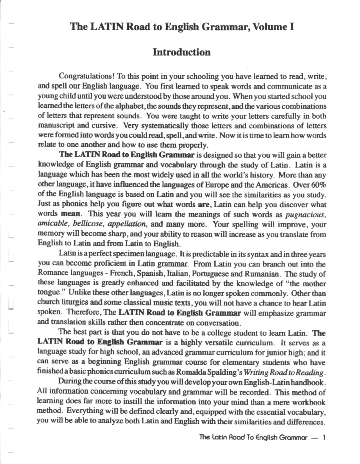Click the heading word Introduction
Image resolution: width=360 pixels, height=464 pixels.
[x=181, y=53]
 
